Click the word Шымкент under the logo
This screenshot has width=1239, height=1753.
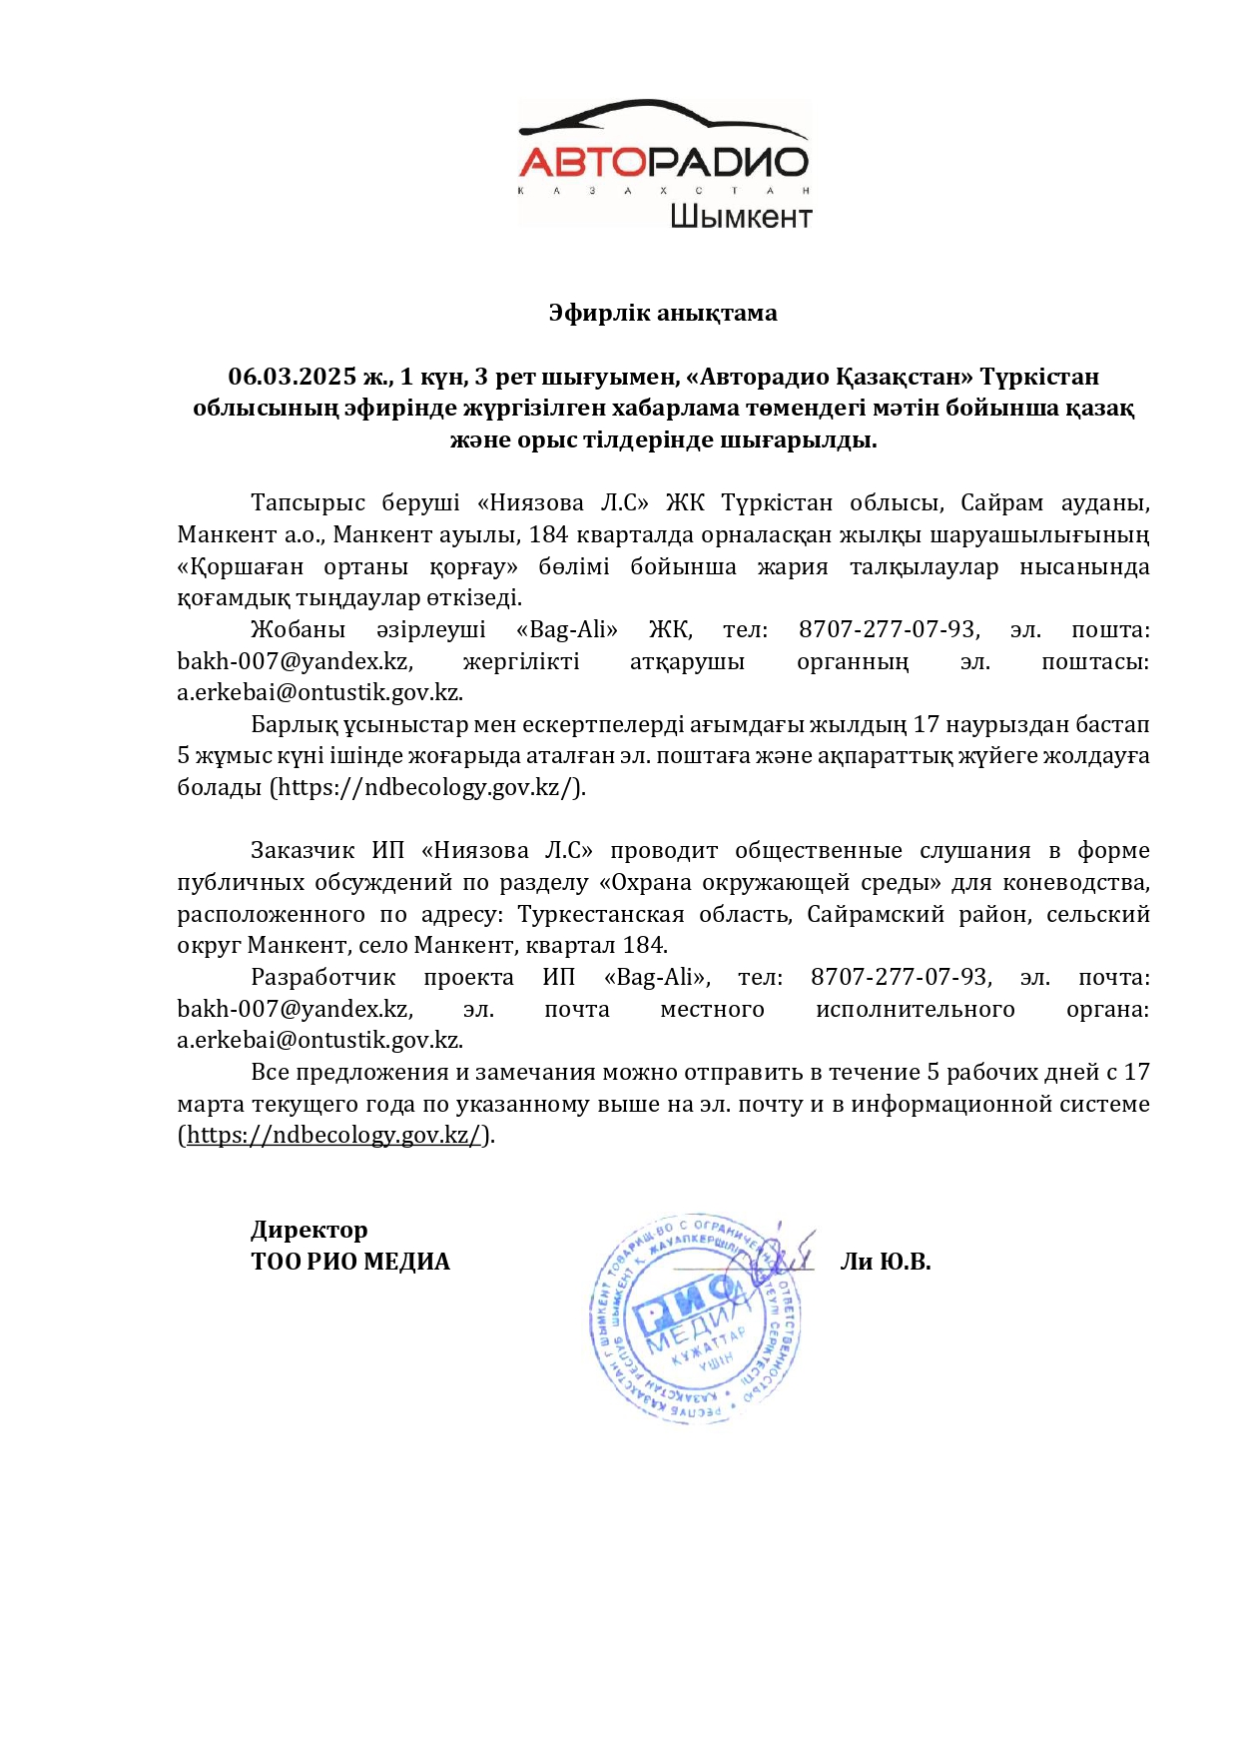pos(740,217)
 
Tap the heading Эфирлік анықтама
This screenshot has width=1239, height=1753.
pos(662,313)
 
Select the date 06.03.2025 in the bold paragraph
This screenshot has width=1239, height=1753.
pos(293,377)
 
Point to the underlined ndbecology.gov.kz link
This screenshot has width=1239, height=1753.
pos(335,1135)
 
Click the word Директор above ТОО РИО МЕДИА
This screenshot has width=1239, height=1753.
pos(310,1230)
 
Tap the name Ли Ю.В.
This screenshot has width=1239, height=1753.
pos(885,1262)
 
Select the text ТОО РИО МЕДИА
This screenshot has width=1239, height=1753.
pos(350,1262)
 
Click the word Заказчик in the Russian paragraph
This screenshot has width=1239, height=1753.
pos(303,850)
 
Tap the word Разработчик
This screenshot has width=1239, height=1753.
pos(322,977)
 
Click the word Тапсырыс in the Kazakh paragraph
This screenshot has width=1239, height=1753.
pos(308,502)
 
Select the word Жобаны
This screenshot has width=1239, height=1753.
pos(298,629)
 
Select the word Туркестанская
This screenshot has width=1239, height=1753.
pos(601,914)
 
